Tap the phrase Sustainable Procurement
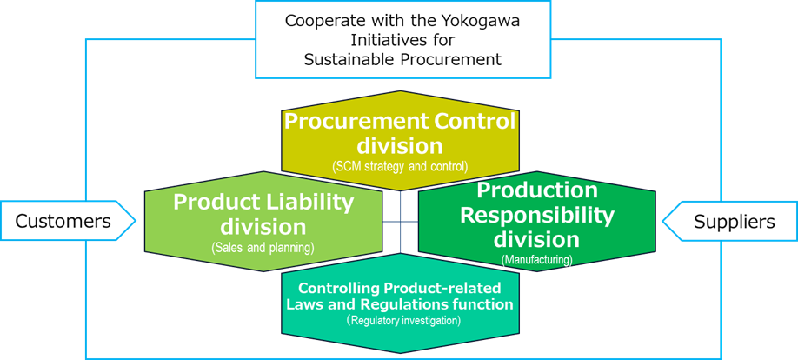pos(402,59)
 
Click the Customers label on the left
pos(63,222)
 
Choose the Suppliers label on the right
pos(734,222)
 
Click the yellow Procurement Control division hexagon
pos(400,139)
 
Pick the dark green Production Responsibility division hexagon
pos(536,222)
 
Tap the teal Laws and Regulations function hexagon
pos(400,303)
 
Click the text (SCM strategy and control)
pos(400,165)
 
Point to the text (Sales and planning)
pos(263,248)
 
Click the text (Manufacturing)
pos(536,258)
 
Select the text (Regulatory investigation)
pos(402,321)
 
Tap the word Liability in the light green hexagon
pos(309,202)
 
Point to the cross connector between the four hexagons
pos(401,223)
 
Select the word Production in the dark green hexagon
pos(537,190)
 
